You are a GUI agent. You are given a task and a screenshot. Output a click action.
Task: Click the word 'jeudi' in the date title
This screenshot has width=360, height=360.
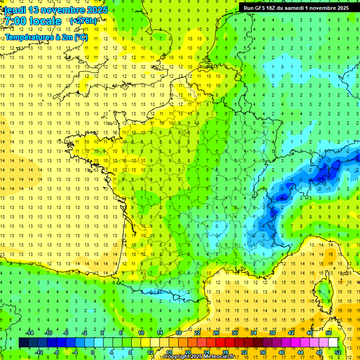14,10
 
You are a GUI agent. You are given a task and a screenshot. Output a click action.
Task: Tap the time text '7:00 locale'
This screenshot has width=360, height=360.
33,21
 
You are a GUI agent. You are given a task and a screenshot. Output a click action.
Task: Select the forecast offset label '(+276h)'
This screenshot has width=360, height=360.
83,21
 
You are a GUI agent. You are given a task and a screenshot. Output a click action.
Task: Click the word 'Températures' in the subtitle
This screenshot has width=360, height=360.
28,37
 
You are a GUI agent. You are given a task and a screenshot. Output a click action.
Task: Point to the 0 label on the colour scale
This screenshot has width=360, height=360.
93,352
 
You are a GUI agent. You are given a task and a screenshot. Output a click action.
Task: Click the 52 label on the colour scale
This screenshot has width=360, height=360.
337,352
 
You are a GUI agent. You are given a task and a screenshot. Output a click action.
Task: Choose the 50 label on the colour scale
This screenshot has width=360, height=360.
329,333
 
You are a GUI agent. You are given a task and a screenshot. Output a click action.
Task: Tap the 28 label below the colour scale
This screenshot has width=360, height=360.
225,352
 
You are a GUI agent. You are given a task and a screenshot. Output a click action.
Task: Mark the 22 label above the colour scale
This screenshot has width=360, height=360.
197,333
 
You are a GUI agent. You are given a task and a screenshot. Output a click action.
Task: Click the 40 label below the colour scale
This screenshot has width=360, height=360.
281,352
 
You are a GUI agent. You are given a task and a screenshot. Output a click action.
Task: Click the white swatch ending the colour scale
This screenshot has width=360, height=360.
333,343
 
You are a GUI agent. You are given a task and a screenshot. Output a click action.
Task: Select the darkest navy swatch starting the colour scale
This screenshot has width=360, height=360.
23,343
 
